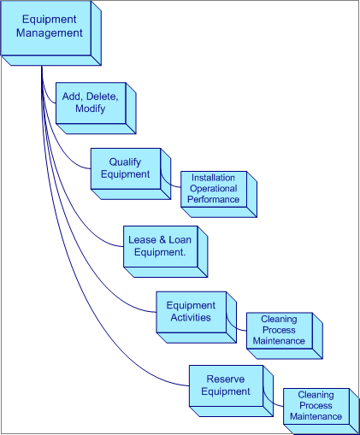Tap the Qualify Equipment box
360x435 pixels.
[125, 168]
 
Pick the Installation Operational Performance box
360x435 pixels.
[214, 189]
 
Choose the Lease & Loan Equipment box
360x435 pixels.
[160, 246]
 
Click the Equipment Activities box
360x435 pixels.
[191, 312]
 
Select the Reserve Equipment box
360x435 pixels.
[225, 385]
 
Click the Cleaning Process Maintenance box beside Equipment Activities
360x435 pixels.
[279, 330]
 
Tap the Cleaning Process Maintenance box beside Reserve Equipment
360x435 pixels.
[316, 406]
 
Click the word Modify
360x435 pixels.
[94, 110]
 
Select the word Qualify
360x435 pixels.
[125, 162]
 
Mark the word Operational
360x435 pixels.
[214, 188]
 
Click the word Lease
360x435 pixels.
[142, 240]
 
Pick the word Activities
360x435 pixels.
[191, 318]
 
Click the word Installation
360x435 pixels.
[214, 178]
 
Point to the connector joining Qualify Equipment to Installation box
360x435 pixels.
[171, 179]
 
